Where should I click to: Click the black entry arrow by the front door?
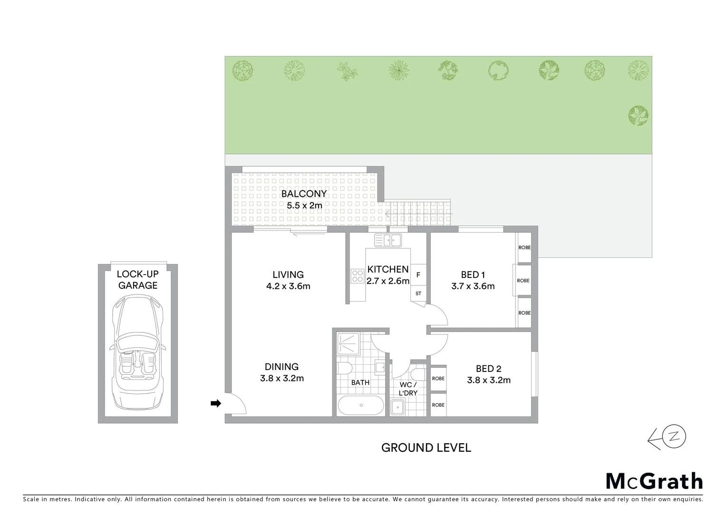216,404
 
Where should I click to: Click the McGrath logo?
654,481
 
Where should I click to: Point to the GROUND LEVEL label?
426,447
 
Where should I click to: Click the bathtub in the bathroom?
361,405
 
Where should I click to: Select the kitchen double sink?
388,240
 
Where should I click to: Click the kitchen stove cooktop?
357,276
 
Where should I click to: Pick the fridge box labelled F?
418,275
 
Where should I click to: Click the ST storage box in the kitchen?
418,294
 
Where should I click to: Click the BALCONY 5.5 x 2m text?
304,199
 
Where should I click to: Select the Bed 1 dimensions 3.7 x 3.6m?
473,286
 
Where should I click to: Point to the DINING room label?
281,367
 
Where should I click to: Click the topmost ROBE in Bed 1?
524,247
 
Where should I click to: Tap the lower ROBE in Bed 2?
438,405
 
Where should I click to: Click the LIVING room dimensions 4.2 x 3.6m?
288,286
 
